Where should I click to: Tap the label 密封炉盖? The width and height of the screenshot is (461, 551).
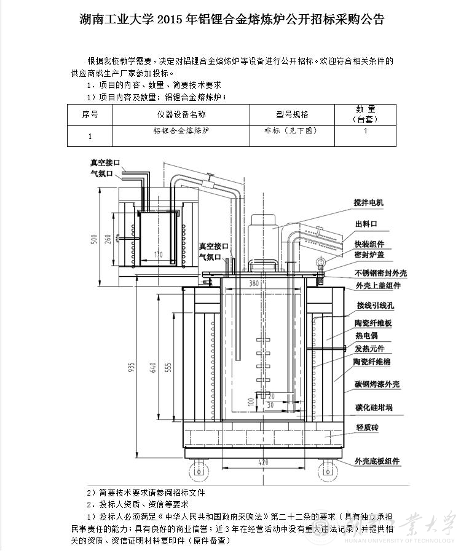tap(369, 255)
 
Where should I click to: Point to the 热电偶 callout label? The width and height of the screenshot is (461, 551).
tap(366, 336)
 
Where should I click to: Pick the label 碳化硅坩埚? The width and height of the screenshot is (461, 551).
tap(374, 408)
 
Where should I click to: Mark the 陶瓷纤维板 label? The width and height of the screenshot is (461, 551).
tap(373, 323)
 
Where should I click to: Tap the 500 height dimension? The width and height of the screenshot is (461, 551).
tap(94, 239)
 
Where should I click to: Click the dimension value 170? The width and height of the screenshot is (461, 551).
tap(159, 254)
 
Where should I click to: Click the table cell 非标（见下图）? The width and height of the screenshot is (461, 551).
tap(291, 131)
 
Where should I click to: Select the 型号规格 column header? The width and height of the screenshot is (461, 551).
tap(292, 114)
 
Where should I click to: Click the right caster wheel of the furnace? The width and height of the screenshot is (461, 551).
tap(325, 472)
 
